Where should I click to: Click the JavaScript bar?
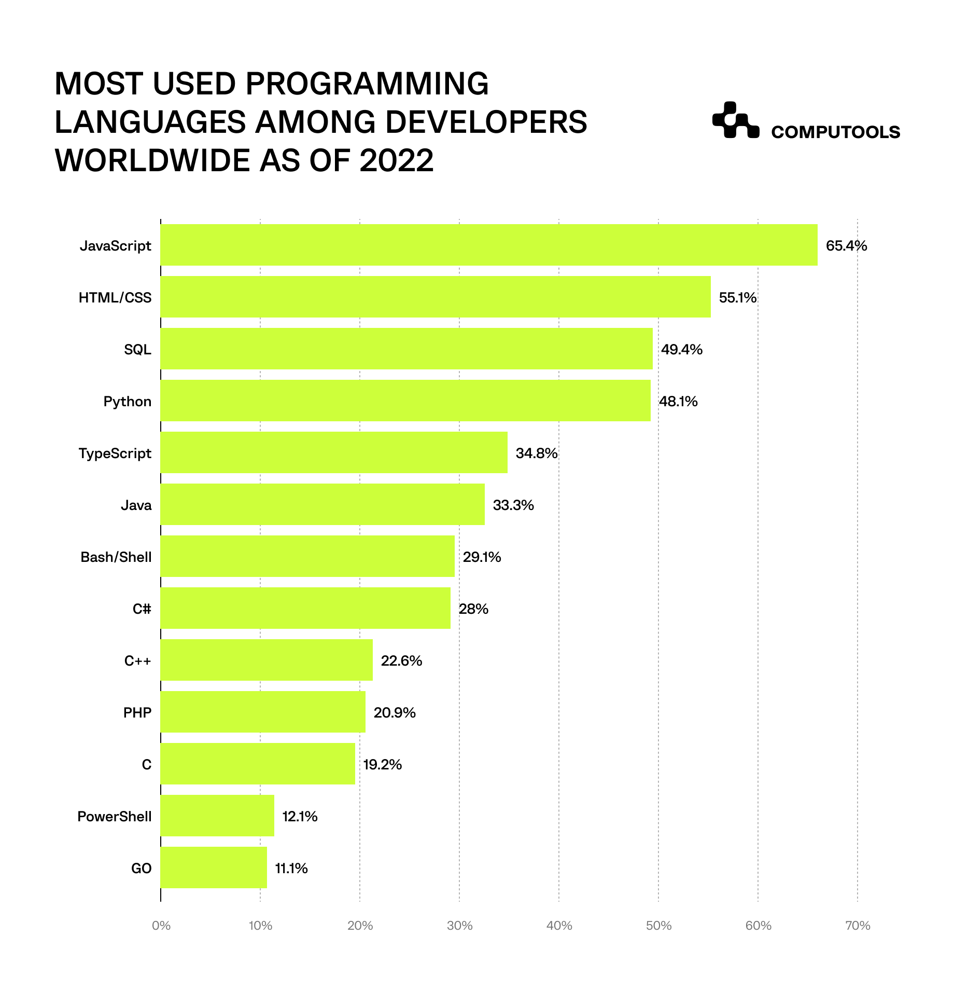[x=489, y=245]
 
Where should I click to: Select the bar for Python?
[x=405, y=401]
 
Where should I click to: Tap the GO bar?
[x=214, y=867]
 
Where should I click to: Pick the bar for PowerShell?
[x=217, y=816]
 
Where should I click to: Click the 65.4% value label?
[x=846, y=246]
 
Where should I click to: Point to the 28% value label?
[x=473, y=609]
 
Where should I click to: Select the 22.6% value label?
[x=401, y=661]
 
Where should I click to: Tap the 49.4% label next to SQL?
[x=681, y=350]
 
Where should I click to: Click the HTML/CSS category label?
[x=115, y=298]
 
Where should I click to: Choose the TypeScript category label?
[x=115, y=453]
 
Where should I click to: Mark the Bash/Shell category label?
[x=116, y=557]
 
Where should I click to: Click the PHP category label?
[x=137, y=713]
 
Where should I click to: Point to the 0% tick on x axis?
[x=161, y=926]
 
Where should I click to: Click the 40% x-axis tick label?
[x=559, y=926]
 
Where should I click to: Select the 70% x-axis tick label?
[x=858, y=926]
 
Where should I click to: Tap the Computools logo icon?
[x=735, y=120]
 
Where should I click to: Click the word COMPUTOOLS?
[x=835, y=132]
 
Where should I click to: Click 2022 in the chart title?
[x=396, y=160]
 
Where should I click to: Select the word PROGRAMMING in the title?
[x=367, y=84]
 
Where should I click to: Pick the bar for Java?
[x=322, y=504]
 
